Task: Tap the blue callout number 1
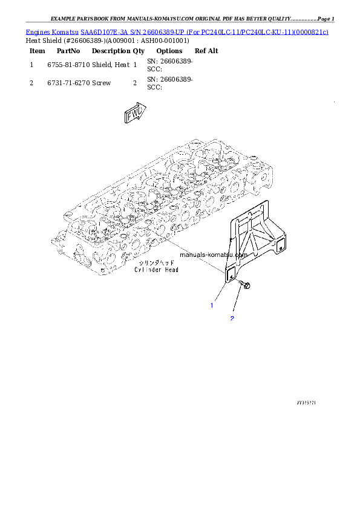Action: pyautogui.click(x=212, y=305)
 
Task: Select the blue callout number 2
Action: pyautogui.click(x=232, y=318)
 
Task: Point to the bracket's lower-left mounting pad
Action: pyautogui.click(x=230, y=274)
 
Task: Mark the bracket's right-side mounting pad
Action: pyautogui.click(x=280, y=244)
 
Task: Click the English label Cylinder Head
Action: pyautogui.click(x=156, y=270)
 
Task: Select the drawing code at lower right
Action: pyautogui.click(x=307, y=401)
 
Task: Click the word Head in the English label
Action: pyautogui.click(x=170, y=270)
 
